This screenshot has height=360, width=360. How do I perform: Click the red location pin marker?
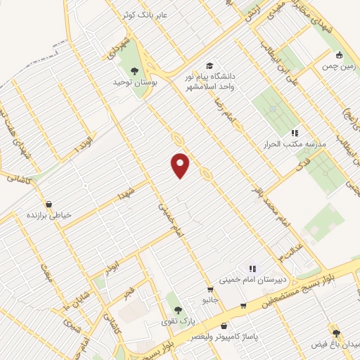point(181,165)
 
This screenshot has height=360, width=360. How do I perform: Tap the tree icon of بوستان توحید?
point(134,70)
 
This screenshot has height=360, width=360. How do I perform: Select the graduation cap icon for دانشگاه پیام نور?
point(209,65)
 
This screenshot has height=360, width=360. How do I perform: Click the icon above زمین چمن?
point(340,55)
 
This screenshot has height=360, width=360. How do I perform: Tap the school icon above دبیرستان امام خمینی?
point(252,268)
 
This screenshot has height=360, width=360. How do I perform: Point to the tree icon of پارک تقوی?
point(176,309)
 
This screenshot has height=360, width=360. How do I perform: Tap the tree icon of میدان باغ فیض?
point(335,332)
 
